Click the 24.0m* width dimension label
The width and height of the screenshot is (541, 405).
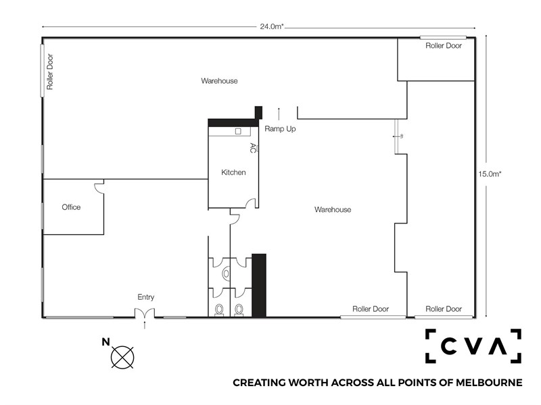272,26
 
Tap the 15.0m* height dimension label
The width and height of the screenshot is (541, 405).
490,174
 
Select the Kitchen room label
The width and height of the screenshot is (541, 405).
233,172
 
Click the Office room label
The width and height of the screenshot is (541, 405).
71,207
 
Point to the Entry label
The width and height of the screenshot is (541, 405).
145,297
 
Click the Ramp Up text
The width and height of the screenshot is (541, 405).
280,129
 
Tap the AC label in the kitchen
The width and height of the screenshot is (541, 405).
253,148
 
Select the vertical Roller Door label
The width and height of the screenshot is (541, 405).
50,72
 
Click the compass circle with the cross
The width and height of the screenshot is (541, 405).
122,358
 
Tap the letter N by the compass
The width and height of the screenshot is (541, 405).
105,342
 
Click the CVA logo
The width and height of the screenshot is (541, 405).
473,346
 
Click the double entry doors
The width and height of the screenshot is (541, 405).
144,313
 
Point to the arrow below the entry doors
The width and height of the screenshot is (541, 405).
145,325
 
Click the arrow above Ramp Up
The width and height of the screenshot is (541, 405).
279,113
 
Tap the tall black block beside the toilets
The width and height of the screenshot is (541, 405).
259,285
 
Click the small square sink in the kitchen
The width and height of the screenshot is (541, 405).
238,131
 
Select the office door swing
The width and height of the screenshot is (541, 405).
99,186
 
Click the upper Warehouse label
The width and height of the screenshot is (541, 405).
219,81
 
